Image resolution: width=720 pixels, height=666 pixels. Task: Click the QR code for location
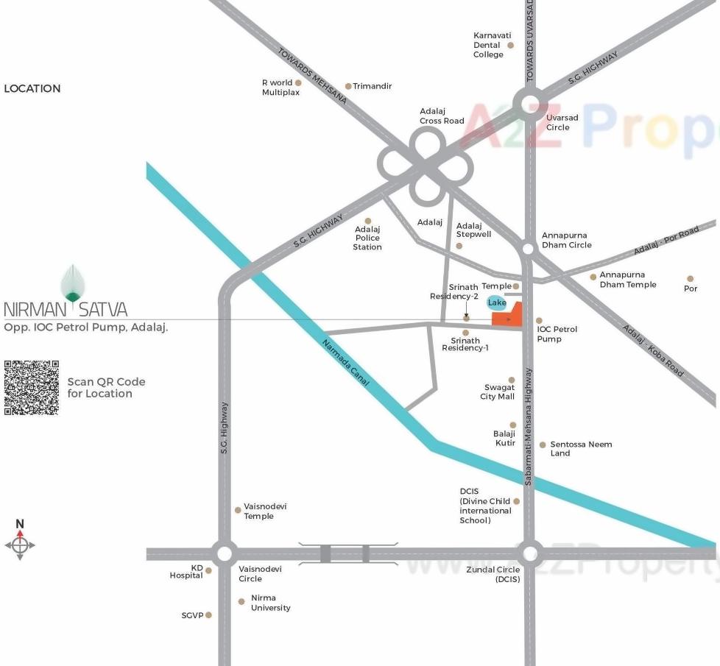[31, 388]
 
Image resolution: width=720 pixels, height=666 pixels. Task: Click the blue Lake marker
[497, 302]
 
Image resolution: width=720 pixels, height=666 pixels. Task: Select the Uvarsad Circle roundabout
[529, 104]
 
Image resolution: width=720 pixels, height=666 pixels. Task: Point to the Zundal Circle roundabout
[529, 553]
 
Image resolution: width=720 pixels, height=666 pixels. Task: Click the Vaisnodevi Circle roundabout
[224, 553]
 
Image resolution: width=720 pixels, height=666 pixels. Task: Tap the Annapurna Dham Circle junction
[528, 249]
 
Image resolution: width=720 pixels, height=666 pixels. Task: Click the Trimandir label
[372, 86]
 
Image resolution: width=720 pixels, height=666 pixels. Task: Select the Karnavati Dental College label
[492, 45]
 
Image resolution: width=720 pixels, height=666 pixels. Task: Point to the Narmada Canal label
[346, 364]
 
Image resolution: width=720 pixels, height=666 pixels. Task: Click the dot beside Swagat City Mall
[512, 380]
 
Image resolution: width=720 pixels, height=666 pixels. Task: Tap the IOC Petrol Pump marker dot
[539, 321]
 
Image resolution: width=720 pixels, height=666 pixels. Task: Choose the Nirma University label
[270, 603]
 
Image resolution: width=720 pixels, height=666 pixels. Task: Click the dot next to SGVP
[208, 615]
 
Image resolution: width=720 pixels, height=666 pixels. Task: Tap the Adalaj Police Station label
[367, 238]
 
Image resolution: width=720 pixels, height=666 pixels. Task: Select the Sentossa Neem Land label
[581, 449]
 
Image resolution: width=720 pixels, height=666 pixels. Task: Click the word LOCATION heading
[32, 88]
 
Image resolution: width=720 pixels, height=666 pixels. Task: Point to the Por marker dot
[690, 279]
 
